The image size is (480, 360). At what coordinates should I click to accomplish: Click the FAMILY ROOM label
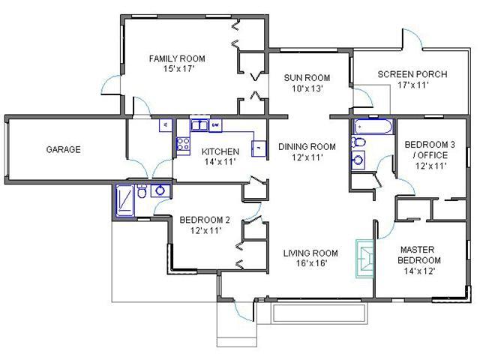(177, 58)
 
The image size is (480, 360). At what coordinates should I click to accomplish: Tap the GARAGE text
(63, 149)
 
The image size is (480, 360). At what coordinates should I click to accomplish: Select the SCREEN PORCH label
(412, 74)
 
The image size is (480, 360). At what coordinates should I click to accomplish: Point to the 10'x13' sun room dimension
(307, 88)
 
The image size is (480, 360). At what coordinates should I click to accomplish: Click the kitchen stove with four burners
(183, 143)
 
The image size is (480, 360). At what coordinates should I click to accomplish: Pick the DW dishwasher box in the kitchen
(215, 125)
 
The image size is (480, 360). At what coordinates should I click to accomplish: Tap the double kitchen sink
(199, 125)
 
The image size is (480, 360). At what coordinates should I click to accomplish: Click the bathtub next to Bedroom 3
(373, 127)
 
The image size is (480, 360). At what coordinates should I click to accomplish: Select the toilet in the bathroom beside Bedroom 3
(358, 142)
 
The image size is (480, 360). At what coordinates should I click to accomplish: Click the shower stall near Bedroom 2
(125, 200)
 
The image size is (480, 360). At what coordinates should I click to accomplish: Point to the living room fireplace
(365, 259)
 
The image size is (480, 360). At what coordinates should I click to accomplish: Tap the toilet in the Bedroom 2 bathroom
(142, 191)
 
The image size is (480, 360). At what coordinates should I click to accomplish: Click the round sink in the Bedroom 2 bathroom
(160, 190)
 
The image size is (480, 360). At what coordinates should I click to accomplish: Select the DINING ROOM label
(307, 147)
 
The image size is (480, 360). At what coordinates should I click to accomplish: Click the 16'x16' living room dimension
(312, 263)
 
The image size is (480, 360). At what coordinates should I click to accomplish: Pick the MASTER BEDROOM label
(418, 255)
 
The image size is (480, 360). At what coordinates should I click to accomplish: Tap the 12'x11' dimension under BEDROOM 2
(205, 230)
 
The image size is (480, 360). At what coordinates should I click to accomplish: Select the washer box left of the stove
(166, 125)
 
